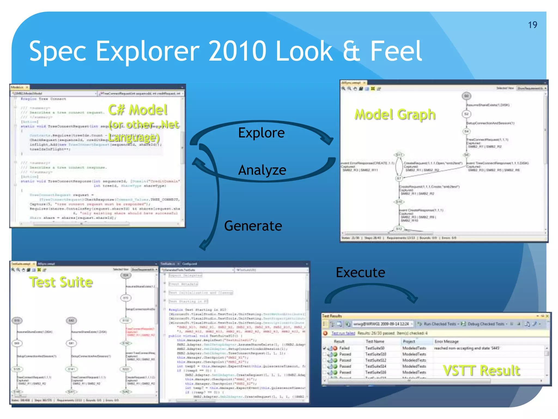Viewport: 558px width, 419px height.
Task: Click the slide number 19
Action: tap(532, 25)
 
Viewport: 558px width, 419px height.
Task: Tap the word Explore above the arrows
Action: tap(261, 133)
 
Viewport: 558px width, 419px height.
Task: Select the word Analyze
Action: tap(262, 170)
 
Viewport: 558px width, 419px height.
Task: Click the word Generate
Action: tap(253, 226)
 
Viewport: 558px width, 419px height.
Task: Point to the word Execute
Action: tap(360, 272)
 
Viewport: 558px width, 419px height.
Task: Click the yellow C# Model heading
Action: tap(138, 110)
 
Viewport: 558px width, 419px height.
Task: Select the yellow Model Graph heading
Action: tap(395, 114)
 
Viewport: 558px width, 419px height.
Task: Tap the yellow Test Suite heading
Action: tap(61, 282)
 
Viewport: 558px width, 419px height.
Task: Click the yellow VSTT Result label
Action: tap(481, 370)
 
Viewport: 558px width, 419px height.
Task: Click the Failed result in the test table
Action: tap(344, 348)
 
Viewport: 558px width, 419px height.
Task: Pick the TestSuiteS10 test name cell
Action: tap(375, 354)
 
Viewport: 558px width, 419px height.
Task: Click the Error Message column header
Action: tap(446, 342)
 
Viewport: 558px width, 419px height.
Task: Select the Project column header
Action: tap(409, 342)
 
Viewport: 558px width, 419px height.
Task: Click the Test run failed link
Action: tap(343, 333)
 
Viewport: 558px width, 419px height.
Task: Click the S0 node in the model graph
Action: tap(466, 96)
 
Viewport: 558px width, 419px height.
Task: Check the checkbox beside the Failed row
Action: tap(324, 348)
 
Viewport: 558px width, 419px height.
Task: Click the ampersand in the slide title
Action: tap(351, 51)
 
